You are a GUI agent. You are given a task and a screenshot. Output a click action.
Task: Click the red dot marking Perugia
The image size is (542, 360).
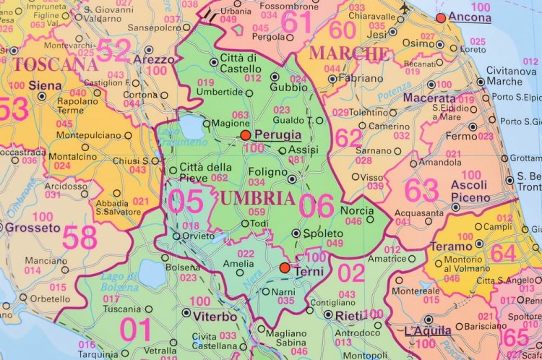tap(246, 135)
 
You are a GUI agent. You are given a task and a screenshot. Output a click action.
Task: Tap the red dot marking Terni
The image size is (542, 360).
tap(285, 268)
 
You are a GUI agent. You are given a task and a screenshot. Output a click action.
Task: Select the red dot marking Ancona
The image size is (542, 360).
tap(441, 17)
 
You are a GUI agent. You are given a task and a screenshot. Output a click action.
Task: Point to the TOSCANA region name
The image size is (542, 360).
tap(55, 64)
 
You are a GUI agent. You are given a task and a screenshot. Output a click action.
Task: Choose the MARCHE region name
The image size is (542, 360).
tap(349, 53)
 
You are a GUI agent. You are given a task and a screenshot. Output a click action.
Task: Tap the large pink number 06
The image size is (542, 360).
tap(317, 206)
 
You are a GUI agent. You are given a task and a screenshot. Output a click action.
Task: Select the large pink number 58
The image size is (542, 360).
tap(79, 237)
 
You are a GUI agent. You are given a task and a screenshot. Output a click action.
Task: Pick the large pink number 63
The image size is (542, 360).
tap(421, 190)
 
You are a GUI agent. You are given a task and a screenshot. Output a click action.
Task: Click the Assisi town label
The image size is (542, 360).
tap(303, 150)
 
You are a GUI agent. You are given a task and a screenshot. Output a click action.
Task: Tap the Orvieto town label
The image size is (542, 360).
tap(199, 236)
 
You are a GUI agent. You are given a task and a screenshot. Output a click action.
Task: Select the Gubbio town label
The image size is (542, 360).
tap(284, 87)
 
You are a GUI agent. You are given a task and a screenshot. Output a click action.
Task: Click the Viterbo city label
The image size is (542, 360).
tap(215, 316)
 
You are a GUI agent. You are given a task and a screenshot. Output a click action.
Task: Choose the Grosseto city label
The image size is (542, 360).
tap(33, 228)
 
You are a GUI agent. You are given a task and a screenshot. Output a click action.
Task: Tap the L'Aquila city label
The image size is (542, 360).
tap(428, 330)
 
